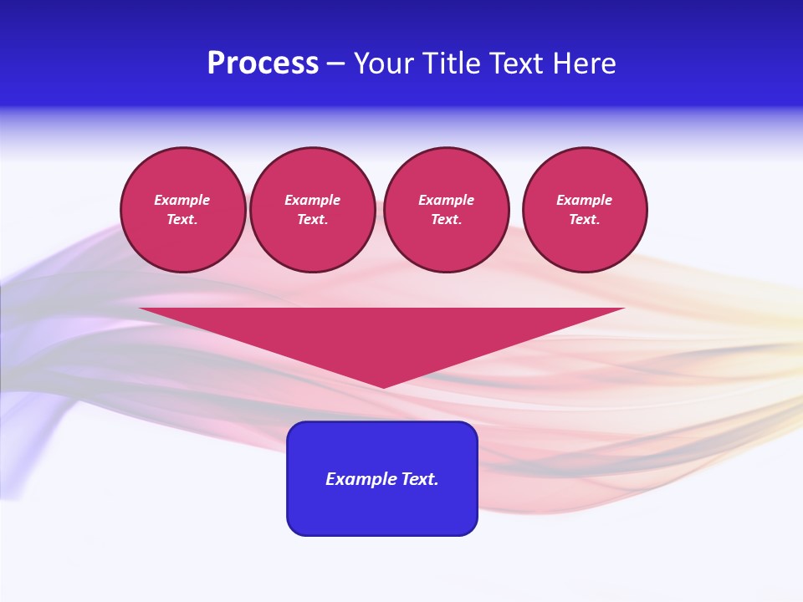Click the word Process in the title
(x=263, y=64)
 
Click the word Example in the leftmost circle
(x=182, y=200)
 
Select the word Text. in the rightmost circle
(x=585, y=219)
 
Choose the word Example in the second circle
(x=313, y=200)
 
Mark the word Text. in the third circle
(x=447, y=219)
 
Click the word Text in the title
(x=516, y=64)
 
